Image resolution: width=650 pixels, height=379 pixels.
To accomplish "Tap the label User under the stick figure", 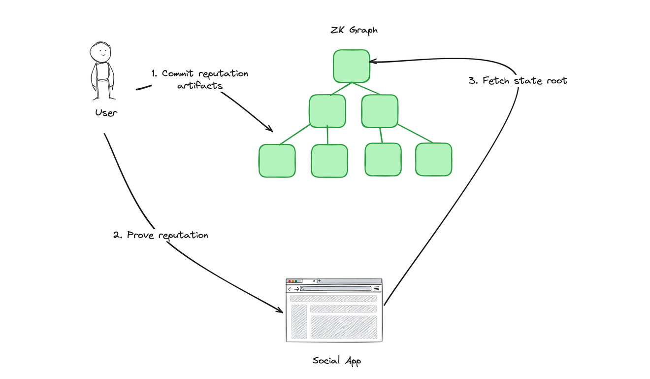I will point(106,113).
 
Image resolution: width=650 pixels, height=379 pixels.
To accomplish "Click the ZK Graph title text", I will point(354,30).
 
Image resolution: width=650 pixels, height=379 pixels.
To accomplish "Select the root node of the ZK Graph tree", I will point(351,66).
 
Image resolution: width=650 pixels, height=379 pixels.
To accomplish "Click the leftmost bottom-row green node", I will point(277,161).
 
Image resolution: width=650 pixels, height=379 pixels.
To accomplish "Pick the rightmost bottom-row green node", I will point(433,160).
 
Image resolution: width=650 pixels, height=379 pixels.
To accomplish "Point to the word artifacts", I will point(200,86).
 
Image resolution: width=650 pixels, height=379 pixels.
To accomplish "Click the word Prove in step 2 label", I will point(140,235).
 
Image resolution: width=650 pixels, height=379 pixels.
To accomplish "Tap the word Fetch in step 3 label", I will point(496,80).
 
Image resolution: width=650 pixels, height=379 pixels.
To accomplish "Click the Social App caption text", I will point(336,361).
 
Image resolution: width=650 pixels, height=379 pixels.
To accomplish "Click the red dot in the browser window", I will point(290,281).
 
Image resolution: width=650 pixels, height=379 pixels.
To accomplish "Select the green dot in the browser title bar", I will point(296,281).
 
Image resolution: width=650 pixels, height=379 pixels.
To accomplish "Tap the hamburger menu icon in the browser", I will point(376,289).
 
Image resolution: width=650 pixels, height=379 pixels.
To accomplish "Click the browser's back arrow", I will point(290,289).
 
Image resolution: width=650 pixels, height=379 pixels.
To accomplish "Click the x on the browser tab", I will point(314,281).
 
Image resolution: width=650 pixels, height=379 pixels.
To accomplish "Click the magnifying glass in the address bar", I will point(302,289).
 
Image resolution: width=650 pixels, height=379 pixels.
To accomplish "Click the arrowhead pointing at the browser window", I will point(280,310).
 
